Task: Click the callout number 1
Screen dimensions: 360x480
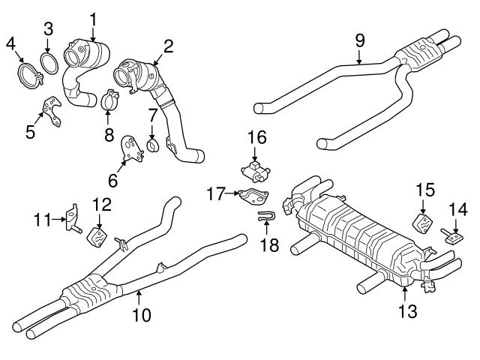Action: (x=93, y=16)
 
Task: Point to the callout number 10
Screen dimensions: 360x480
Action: (x=142, y=316)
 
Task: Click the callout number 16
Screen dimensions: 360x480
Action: (x=256, y=138)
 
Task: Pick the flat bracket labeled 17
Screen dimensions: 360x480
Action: (x=255, y=197)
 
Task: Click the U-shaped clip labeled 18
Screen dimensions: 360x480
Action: (x=265, y=218)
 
